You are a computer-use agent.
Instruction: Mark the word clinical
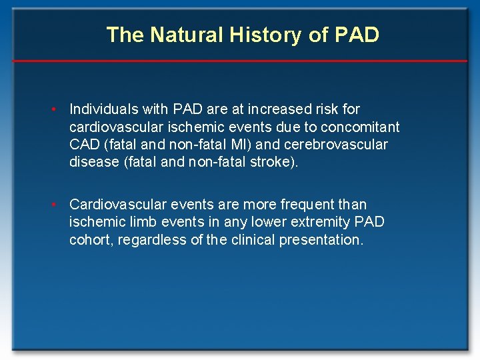255,241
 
